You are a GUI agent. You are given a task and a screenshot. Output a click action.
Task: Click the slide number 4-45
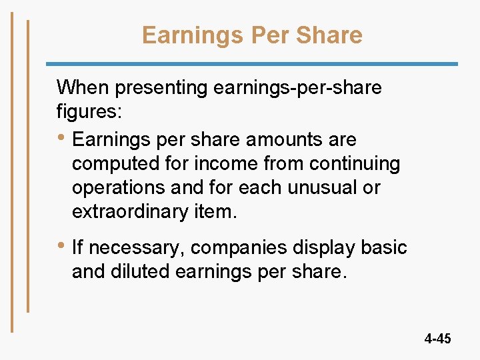[x=437, y=339]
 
